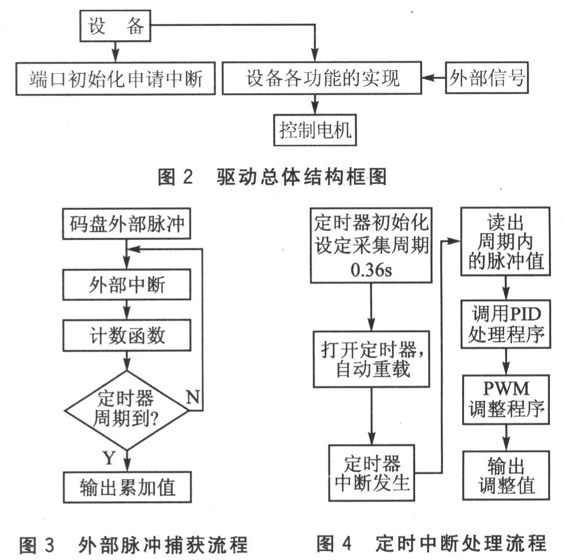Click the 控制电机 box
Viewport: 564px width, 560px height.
315,129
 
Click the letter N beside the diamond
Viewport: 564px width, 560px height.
194,397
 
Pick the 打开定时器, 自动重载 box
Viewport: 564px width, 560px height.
370,359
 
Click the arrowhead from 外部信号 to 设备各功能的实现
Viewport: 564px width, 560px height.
427,77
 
